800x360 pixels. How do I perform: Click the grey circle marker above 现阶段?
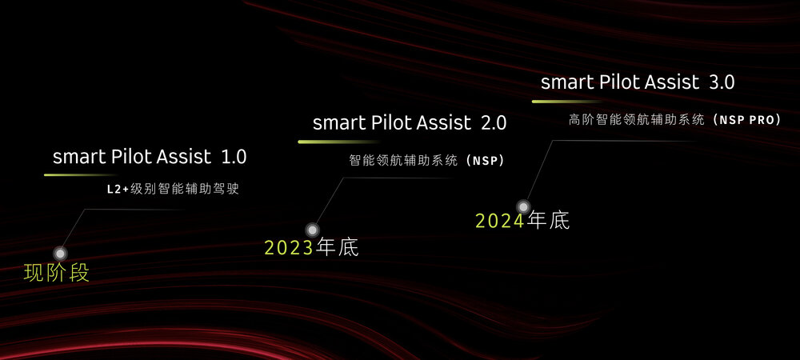(59, 253)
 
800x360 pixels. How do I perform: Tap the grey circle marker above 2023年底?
(312, 230)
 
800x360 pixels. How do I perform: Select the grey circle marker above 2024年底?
(523, 206)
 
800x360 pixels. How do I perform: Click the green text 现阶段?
(56, 273)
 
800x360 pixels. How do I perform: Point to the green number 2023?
(289, 248)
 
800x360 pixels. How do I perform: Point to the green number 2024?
(500, 221)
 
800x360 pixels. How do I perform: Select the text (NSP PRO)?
(746, 119)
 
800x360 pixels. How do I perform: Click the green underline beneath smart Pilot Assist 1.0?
(80, 174)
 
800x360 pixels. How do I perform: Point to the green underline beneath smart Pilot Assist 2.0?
(328, 142)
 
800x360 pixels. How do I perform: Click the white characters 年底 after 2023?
(337, 248)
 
